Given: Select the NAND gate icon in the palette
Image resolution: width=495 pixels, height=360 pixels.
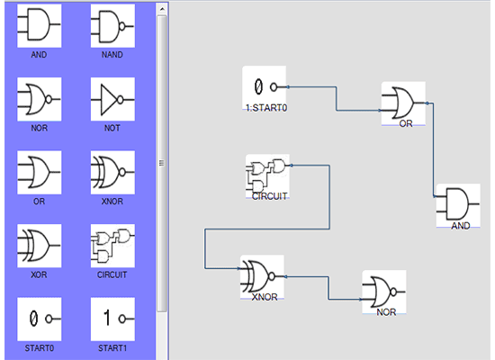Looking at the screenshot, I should pyautogui.click(x=112, y=26).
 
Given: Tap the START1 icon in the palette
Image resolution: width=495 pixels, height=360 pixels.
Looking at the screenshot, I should pyautogui.click(x=112, y=318).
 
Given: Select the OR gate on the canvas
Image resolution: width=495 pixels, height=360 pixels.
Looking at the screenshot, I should pyautogui.click(x=402, y=102).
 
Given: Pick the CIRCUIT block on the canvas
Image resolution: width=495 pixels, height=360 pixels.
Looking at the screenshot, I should pyautogui.click(x=268, y=175).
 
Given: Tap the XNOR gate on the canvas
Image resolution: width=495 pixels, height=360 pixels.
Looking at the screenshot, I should pyautogui.click(x=262, y=275).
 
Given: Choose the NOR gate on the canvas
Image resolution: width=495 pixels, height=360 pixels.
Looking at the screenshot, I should pyautogui.click(x=383, y=290).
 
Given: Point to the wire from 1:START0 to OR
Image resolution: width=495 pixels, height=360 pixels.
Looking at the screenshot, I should pyautogui.click(x=337, y=99).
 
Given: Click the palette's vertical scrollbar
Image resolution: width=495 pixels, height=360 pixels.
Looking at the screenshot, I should pyautogui.click(x=162, y=162).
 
